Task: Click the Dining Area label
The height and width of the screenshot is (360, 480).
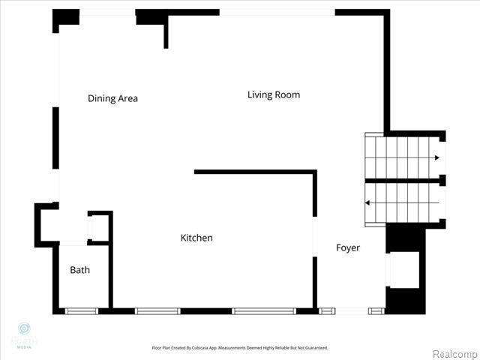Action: (x=112, y=98)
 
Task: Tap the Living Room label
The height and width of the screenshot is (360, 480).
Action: (x=274, y=94)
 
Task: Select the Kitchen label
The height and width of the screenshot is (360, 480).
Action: (x=196, y=238)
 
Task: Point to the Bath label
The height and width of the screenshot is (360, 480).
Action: (x=79, y=270)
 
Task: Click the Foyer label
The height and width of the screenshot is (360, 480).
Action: (x=347, y=247)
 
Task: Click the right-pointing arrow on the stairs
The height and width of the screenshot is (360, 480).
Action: (x=436, y=158)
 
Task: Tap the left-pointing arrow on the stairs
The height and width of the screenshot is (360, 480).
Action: (x=368, y=202)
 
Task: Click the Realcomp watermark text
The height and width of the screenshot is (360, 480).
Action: (x=453, y=353)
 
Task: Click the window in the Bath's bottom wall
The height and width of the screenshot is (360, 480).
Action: (x=81, y=310)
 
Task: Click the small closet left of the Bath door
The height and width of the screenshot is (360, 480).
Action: (x=46, y=224)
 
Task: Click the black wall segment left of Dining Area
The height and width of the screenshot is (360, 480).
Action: (x=55, y=137)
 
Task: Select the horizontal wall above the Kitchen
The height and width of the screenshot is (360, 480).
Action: (x=255, y=172)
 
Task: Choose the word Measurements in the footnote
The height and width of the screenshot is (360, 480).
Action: (x=244, y=348)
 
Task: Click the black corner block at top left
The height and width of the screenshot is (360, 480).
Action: (x=65, y=18)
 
